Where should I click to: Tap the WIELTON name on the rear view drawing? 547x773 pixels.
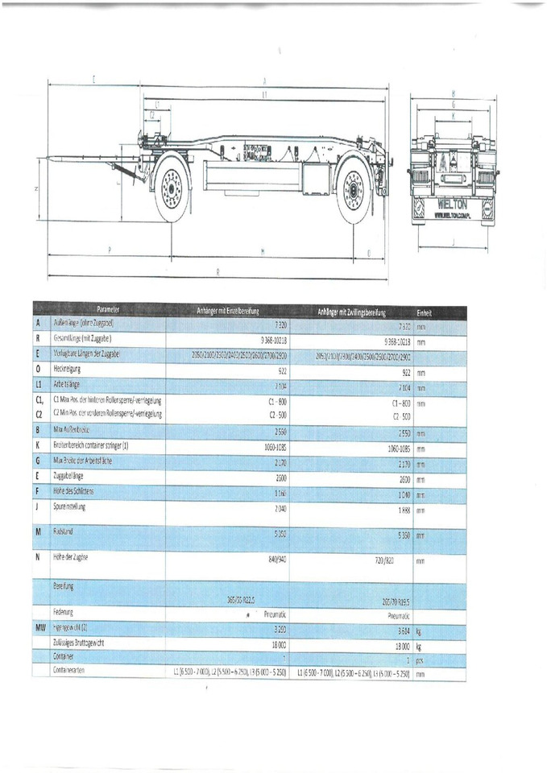click(x=454, y=205)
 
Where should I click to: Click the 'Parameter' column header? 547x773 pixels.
click(x=108, y=310)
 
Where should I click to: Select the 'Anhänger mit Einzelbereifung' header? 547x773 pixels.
click(x=230, y=311)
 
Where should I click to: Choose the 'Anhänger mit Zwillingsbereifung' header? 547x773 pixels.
click(x=354, y=311)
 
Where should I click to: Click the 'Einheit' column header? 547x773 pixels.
click(x=424, y=312)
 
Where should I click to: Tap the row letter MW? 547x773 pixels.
click(x=39, y=626)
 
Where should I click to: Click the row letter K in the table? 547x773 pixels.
click(x=38, y=445)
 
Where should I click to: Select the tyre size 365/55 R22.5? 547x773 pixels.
click(x=247, y=600)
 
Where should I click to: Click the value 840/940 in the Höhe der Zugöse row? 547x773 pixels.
click(x=276, y=557)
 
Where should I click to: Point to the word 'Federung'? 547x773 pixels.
click(x=63, y=612)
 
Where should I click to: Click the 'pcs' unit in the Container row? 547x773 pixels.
click(x=420, y=659)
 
